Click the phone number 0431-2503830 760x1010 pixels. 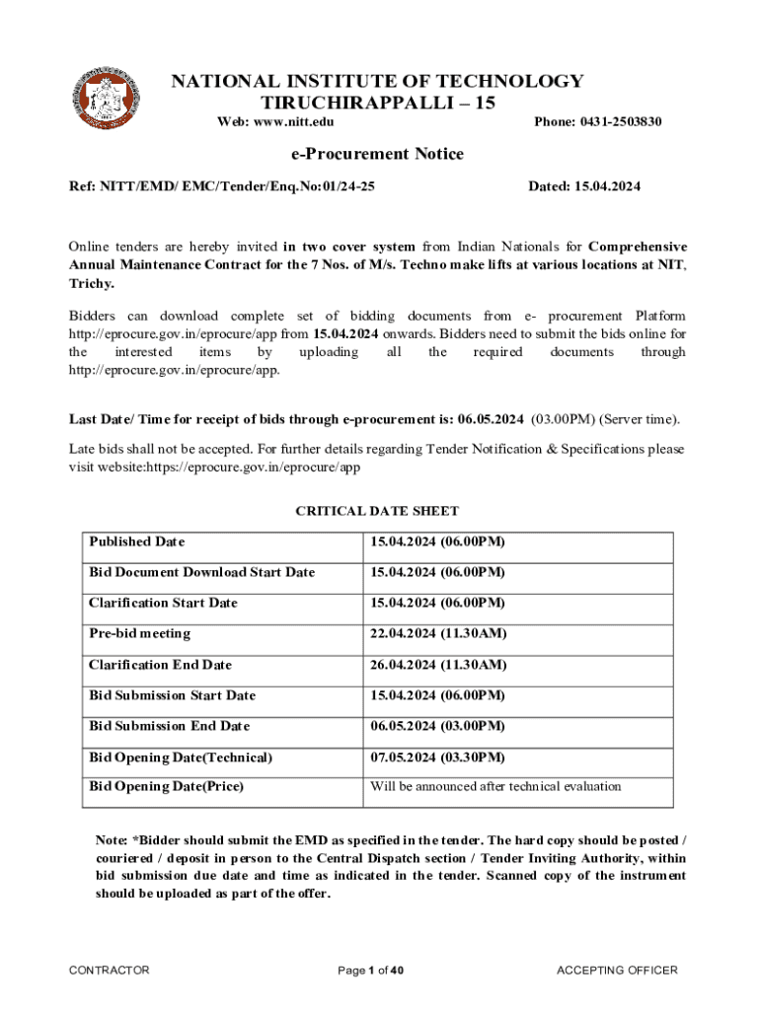pyautogui.click(x=627, y=121)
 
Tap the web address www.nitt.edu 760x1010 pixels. pyautogui.click(x=293, y=121)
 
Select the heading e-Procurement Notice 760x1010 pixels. pyautogui.click(x=376, y=154)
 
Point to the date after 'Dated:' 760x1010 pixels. pyautogui.click(x=607, y=185)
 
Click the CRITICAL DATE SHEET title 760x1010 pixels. pyautogui.click(x=377, y=511)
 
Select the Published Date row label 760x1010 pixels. pyautogui.click(x=136, y=541)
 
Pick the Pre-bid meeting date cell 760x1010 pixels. pyautogui.click(x=438, y=633)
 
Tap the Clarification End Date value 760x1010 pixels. pyautogui.click(x=438, y=665)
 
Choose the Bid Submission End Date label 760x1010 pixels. pyautogui.click(x=169, y=726)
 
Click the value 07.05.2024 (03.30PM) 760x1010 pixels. pyautogui.click(x=437, y=757)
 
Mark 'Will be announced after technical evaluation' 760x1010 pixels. pyautogui.click(x=495, y=786)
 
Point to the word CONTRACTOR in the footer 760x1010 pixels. pyautogui.click(x=109, y=971)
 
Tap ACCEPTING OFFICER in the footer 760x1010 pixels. pyautogui.click(x=617, y=971)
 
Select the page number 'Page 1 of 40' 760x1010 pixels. pyautogui.click(x=371, y=971)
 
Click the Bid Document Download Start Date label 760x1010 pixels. pyautogui.click(x=201, y=572)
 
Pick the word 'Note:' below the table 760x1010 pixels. pyautogui.click(x=111, y=839)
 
